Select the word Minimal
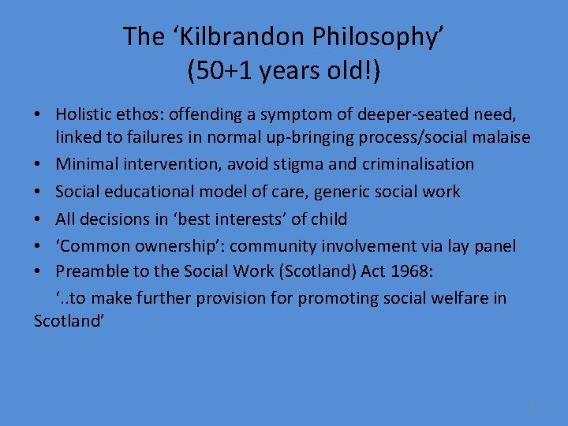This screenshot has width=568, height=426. pos(88,164)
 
